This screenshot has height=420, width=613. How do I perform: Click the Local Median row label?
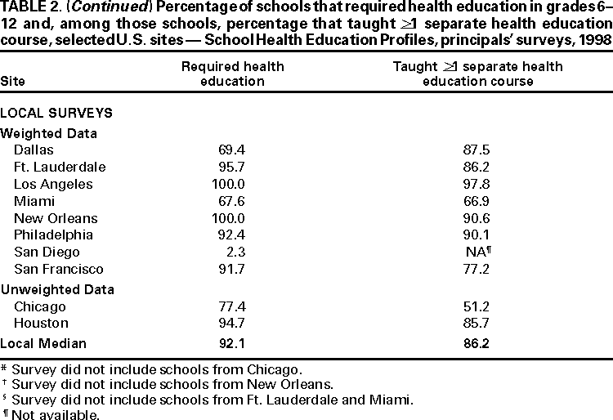pyautogui.click(x=42, y=344)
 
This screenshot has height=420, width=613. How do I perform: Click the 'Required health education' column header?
pyautogui.click(x=223, y=74)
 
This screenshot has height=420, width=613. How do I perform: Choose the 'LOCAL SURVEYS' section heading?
pyautogui.click(x=56, y=113)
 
